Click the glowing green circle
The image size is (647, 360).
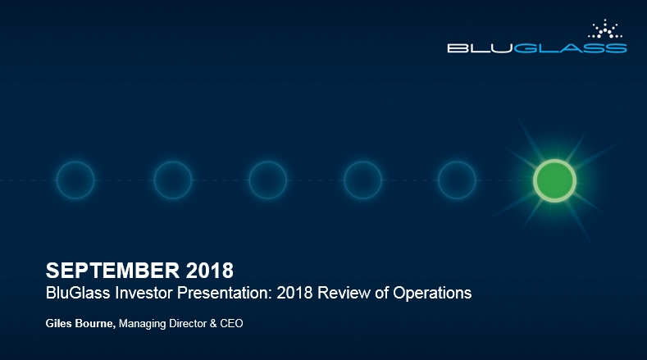coord(554,180)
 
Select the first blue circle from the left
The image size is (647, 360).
coord(75,180)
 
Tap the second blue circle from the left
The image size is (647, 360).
coord(172,180)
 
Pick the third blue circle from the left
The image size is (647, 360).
coord(267,180)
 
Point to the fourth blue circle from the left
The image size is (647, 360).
coord(362,180)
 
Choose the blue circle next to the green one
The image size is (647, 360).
coord(458,180)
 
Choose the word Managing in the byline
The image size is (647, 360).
coord(143,324)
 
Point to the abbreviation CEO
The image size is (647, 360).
coord(232,324)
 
